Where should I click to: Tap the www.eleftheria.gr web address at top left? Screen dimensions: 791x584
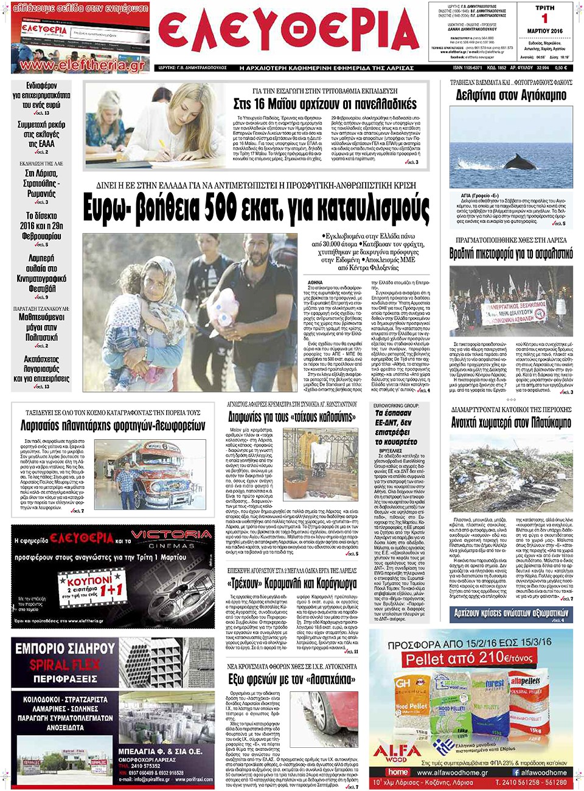[82, 65]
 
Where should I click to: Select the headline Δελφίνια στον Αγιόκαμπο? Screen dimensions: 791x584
[511, 95]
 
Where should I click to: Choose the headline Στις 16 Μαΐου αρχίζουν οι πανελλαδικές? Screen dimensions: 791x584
[325, 104]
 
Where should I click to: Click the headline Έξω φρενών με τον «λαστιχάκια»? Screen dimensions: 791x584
[291, 679]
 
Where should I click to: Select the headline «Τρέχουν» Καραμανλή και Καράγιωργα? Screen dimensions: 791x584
[292, 584]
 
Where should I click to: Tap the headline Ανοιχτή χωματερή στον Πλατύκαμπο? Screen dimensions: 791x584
[511, 423]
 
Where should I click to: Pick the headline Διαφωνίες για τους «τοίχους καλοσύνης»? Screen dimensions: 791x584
[292, 417]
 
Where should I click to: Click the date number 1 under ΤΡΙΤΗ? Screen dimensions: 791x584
[544, 18]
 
